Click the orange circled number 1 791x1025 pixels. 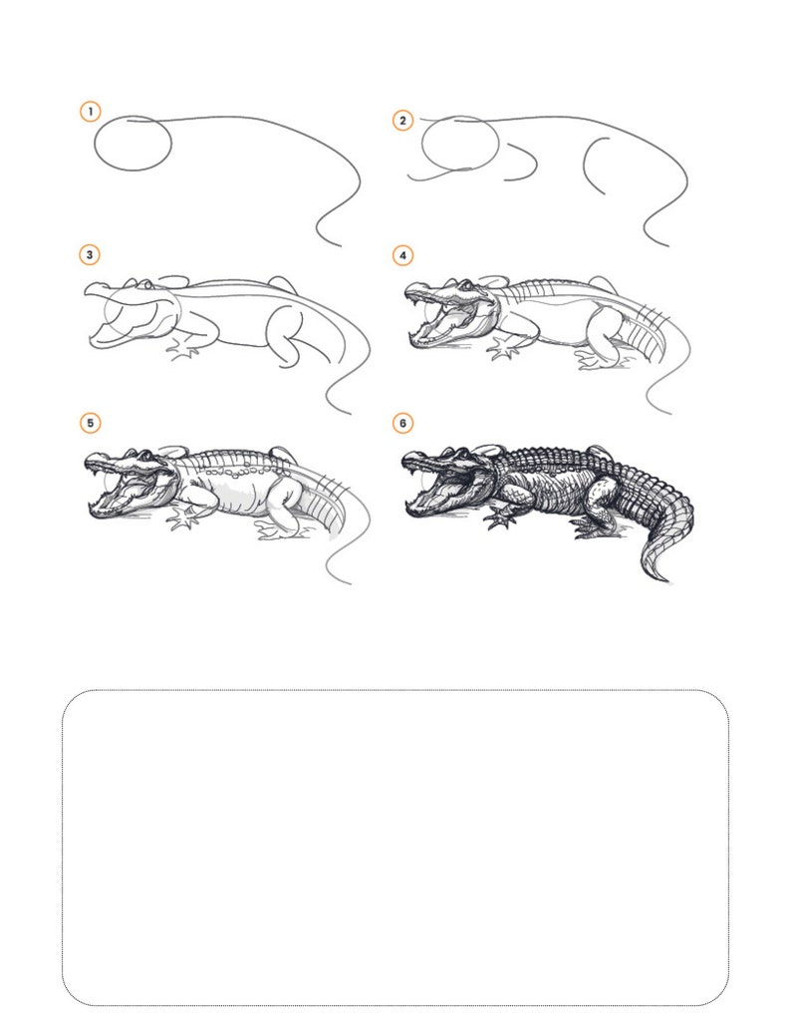[x=90, y=111]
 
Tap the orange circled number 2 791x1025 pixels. [x=402, y=121]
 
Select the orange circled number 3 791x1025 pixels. [x=90, y=255]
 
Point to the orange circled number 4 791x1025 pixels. [x=402, y=255]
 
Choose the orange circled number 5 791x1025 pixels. [x=90, y=423]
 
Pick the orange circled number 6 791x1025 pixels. [x=402, y=423]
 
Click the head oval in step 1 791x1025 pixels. [x=95, y=144]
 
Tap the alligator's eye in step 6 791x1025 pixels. [x=462, y=454]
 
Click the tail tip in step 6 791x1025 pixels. [x=664, y=579]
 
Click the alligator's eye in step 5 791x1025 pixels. [x=145, y=455]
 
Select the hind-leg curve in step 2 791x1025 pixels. [x=585, y=164]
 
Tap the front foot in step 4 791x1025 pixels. [x=504, y=349]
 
